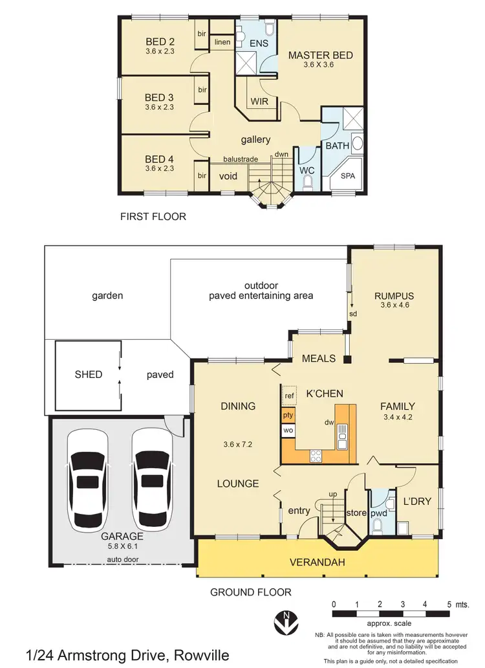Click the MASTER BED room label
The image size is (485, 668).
click(x=320, y=55)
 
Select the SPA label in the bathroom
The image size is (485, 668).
click(x=347, y=176)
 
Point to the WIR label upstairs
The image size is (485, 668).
click(x=260, y=102)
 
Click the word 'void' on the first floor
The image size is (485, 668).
click(x=228, y=176)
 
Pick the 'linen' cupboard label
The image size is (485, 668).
click(x=222, y=43)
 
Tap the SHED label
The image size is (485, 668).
click(x=88, y=374)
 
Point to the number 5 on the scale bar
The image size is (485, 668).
click(x=448, y=603)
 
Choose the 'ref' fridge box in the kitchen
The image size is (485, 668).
click(x=288, y=395)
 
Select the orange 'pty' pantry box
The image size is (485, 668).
click(x=288, y=414)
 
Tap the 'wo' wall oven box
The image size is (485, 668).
click(x=288, y=430)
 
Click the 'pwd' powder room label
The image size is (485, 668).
click(x=378, y=513)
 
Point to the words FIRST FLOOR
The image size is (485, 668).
click(x=153, y=217)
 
